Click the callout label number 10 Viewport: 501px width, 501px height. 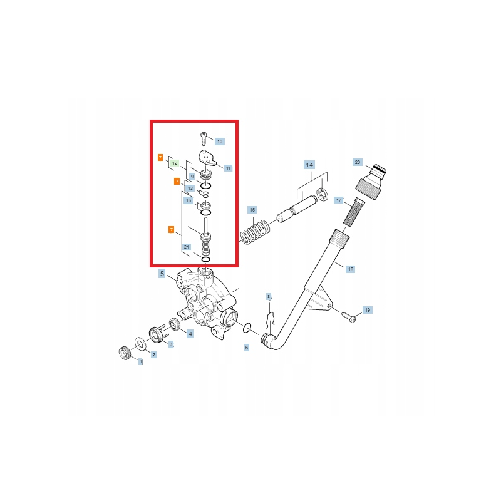pos(220,142)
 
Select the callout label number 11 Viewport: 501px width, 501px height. pos(228,168)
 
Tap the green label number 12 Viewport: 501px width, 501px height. pos(175,163)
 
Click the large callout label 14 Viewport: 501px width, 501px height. pos(309,165)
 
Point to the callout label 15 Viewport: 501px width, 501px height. pos(252,210)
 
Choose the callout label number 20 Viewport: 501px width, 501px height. pos(358,162)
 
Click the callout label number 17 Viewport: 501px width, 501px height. pos(339,200)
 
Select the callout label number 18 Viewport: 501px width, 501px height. pos(351,269)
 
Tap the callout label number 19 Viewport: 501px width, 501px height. pos(368,310)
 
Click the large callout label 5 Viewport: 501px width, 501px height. pos(162,274)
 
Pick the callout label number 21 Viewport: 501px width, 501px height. pos(187,247)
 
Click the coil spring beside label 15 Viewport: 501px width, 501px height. pos(255,232)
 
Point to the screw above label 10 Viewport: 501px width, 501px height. pos(204,138)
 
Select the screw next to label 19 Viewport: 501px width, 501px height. pos(348,317)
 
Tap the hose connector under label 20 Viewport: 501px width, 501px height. pos(371,182)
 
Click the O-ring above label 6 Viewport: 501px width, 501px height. pos(247,328)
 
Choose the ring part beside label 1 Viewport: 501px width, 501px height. pos(124,353)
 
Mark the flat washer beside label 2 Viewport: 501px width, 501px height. pos(140,343)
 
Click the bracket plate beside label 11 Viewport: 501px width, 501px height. pos(207,157)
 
